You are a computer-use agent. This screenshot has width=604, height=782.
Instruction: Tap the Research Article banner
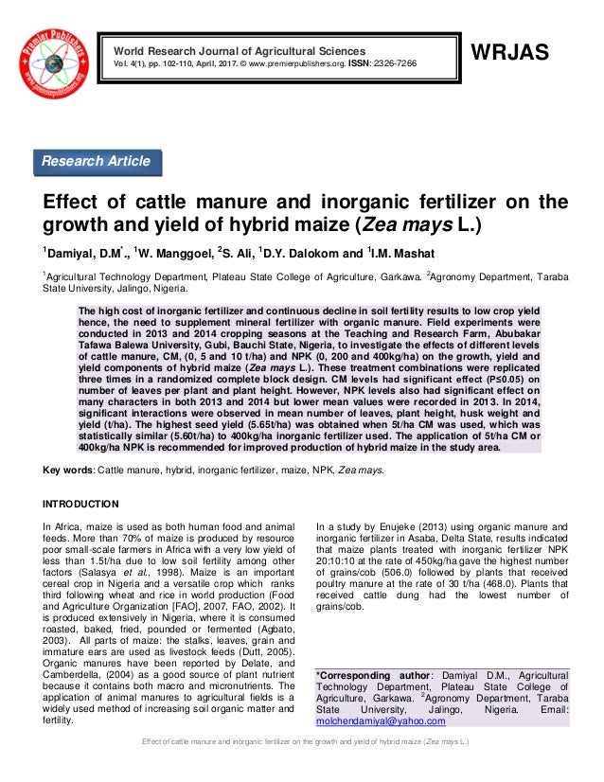tap(96, 162)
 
